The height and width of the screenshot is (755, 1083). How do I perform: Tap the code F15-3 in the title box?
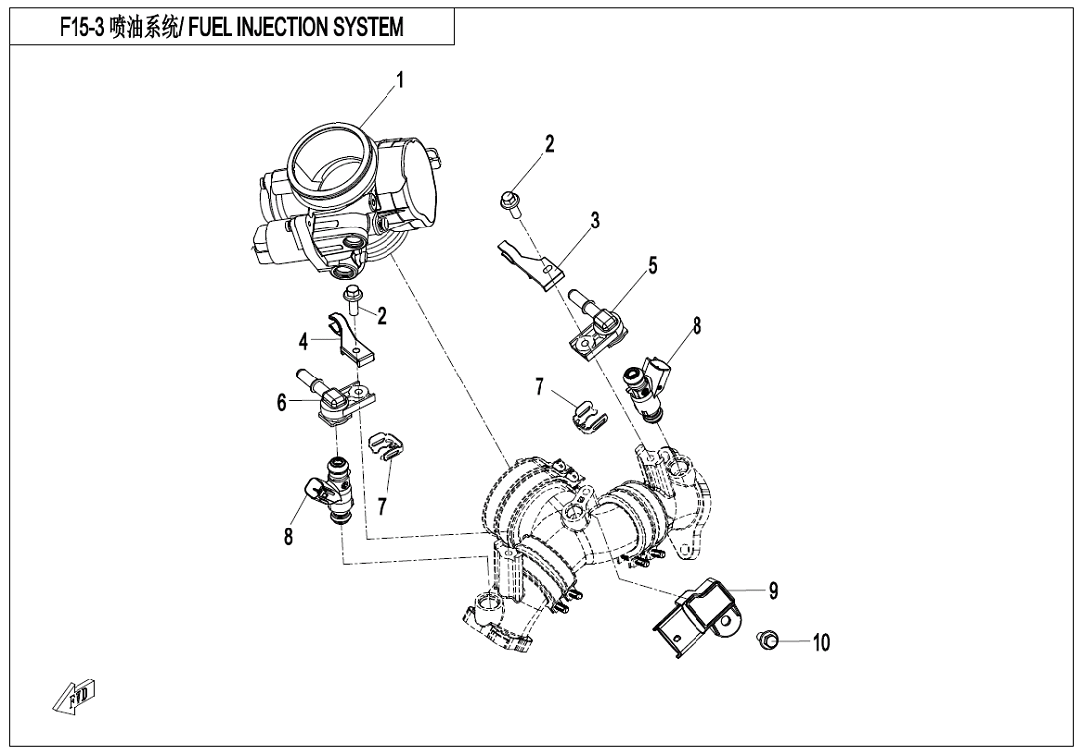click(81, 27)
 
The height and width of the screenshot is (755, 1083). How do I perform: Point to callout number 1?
click(399, 80)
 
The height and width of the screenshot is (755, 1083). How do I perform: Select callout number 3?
click(595, 222)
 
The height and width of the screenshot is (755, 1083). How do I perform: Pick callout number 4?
click(304, 341)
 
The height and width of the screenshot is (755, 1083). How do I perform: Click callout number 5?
click(652, 265)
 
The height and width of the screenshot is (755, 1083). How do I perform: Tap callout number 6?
click(282, 402)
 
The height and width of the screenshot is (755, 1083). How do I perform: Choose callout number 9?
click(774, 591)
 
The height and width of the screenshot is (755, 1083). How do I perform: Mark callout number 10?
click(821, 643)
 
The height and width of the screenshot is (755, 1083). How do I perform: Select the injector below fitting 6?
click(332, 489)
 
